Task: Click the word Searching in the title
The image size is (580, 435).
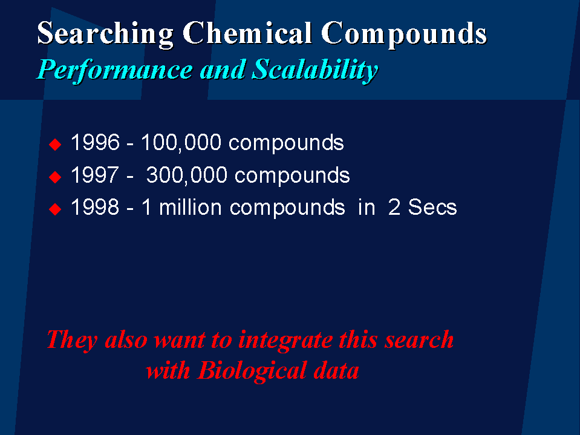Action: pos(105,34)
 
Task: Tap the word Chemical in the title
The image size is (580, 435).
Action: pos(247,33)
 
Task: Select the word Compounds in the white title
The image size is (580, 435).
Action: pos(404,34)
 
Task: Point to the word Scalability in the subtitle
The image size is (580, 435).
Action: pos(314,70)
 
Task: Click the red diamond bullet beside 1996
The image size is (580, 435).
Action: pos(55,144)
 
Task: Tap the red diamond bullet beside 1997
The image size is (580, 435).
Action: pos(55,177)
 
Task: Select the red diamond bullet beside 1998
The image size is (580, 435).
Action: pos(55,209)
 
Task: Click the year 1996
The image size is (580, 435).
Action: pos(95,142)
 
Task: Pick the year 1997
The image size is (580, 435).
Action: pos(95,175)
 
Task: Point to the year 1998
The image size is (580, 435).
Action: pos(95,207)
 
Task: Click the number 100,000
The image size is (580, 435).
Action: pos(181,143)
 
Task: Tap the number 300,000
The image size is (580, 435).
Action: pos(187,175)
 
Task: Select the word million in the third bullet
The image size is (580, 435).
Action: pos(190,207)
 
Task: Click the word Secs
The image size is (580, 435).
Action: pos(432,207)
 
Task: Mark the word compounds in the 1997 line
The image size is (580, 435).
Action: pos(292,175)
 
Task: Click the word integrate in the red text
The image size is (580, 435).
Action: pos(285,340)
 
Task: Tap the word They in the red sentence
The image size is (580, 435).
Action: pos(72,340)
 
